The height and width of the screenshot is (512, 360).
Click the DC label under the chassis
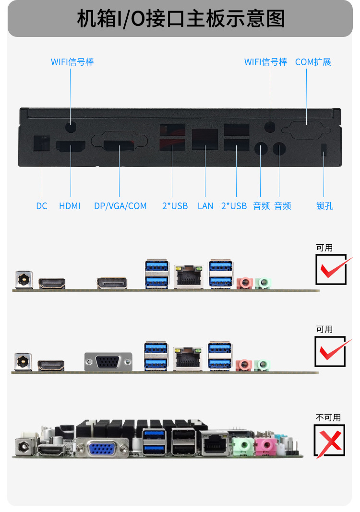coord(42,206)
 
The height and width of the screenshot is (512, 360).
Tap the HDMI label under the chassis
coord(70,206)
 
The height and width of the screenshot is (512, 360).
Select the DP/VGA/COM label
coord(120,206)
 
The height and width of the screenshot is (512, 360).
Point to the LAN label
coord(205,206)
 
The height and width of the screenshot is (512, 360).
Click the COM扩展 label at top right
coord(313,62)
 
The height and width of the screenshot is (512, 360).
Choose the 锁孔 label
coord(324,206)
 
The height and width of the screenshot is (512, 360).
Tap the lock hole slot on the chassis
coord(323,149)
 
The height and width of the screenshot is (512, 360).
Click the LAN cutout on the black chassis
coord(204,139)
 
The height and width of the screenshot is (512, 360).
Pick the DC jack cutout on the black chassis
coord(42,143)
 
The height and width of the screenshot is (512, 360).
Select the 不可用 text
coord(328,417)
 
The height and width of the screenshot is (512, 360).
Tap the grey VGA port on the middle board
coord(108,361)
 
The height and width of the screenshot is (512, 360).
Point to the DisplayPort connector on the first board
coord(111,283)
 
